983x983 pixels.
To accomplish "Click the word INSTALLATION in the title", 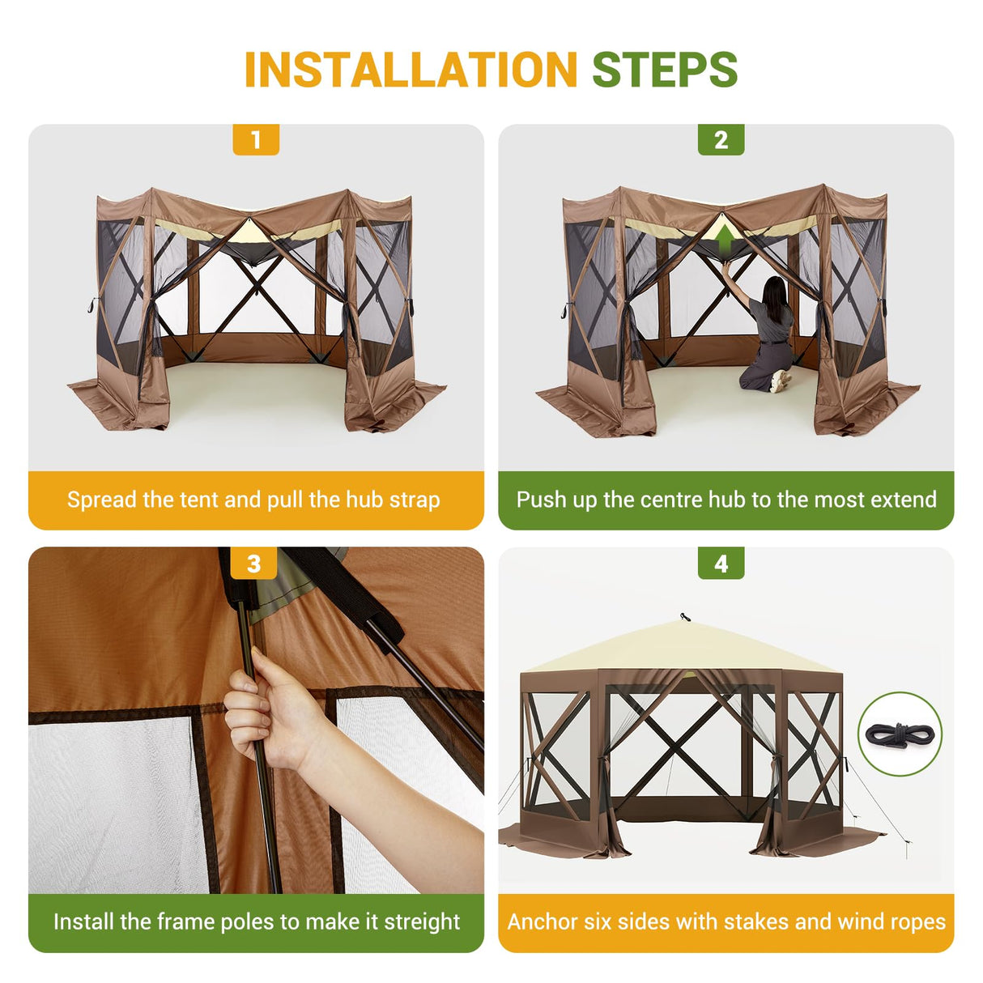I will click(x=411, y=70).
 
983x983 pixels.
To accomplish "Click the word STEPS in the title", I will click(x=665, y=70).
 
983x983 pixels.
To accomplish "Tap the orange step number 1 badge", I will click(x=256, y=140).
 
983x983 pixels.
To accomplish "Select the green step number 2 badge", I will click(x=721, y=140).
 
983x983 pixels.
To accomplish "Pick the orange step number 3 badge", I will click(x=253, y=564).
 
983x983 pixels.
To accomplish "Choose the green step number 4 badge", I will click(x=721, y=564).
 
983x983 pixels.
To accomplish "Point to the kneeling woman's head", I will click(x=775, y=290).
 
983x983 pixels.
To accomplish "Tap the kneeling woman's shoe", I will click(x=781, y=381).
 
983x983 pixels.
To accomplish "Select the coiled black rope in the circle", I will click(x=900, y=734).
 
